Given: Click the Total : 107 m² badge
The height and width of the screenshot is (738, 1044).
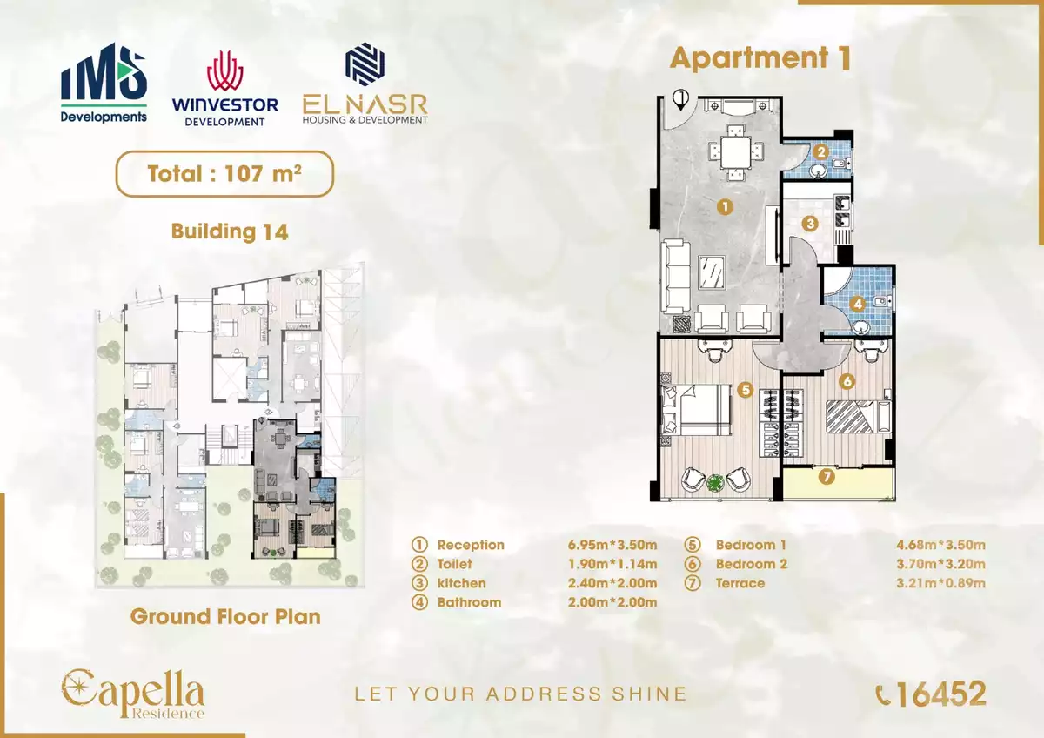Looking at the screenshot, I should [x=224, y=173].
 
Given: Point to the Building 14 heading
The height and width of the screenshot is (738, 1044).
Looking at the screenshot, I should [x=229, y=232].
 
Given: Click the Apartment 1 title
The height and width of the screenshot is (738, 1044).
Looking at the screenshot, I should [x=760, y=58].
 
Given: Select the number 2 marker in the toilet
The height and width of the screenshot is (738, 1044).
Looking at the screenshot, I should [x=820, y=151].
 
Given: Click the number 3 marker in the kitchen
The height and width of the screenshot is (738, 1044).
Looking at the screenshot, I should [x=810, y=224].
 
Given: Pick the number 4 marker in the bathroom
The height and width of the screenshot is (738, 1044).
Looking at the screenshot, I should [x=857, y=305].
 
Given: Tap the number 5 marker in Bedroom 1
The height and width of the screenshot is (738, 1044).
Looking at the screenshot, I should [x=744, y=390].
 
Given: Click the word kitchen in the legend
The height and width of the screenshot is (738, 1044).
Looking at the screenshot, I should [x=461, y=583].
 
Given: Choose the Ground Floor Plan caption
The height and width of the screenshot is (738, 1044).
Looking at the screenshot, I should [x=225, y=617].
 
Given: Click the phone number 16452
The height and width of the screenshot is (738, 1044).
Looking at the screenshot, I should [x=931, y=694].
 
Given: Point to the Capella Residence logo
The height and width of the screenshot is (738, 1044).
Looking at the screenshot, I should [x=133, y=694].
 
